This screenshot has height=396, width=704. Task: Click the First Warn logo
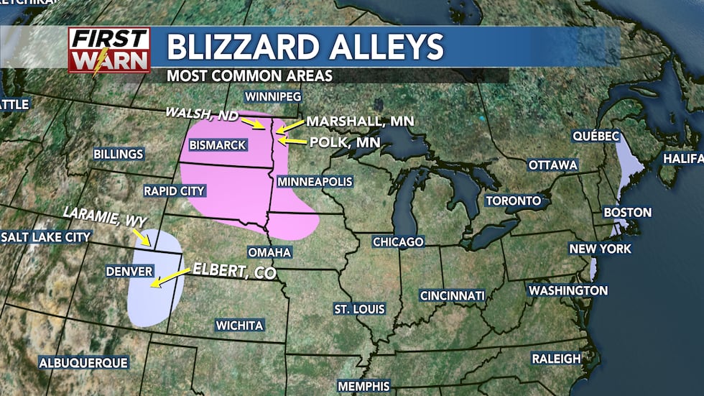(x=109, y=50)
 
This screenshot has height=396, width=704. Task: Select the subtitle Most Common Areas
(x=249, y=75)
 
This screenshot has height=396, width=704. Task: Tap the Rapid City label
(x=175, y=191)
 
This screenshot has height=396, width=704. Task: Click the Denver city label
(x=129, y=272)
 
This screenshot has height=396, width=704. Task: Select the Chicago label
(x=398, y=242)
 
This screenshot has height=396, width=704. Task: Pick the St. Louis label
(x=359, y=309)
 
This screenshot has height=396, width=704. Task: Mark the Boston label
(x=628, y=213)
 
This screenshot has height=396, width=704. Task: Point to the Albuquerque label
(x=83, y=363)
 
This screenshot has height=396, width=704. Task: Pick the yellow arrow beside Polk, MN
(x=291, y=142)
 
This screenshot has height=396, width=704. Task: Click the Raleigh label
(x=556, y=358)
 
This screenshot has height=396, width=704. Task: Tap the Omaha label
(x=269, y=252)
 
